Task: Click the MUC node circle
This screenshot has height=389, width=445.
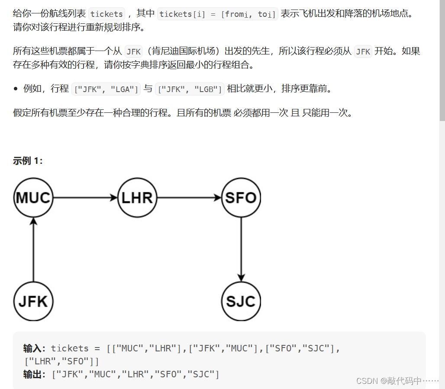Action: click(33, 198)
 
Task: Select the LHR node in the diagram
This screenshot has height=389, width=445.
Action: click(137, 198)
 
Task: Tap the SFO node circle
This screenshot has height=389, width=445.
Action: click(241, 198)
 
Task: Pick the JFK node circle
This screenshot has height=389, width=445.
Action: click(33, 301)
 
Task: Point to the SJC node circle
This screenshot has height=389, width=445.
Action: click(241, 301)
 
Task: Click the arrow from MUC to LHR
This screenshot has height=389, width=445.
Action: click(85, 198)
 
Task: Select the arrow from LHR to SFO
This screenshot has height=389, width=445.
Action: click(189, 198)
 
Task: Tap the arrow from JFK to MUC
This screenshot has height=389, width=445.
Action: click(33, 249)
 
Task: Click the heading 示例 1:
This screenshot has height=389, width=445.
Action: click(28, 161)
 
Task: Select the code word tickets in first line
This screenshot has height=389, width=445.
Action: click(106, 14)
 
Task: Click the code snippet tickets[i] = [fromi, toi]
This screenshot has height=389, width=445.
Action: click(217, 14)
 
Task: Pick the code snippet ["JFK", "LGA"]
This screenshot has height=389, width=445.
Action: click(106, 89)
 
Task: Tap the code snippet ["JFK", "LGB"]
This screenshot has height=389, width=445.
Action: click(190, 89)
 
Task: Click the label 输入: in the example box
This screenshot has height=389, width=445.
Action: click(35, 348)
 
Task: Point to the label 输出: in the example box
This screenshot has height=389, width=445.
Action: click(35, 374)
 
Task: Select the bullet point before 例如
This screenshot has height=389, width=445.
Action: click(16, 89)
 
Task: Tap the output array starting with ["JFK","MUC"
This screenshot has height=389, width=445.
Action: click(135, 374)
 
